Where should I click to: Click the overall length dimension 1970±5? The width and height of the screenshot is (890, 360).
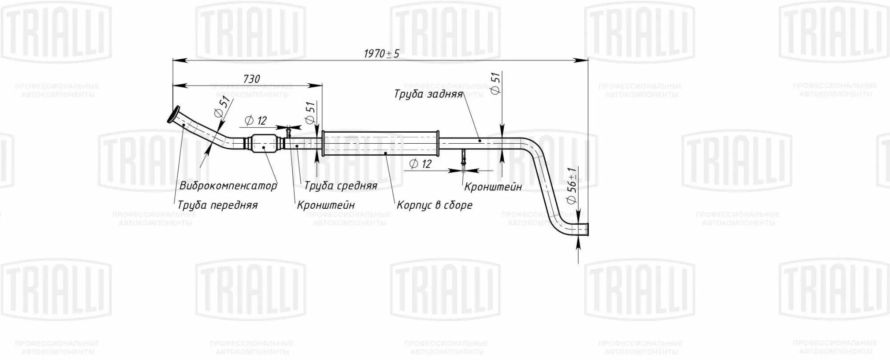coord(381,54)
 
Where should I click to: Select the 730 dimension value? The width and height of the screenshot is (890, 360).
coord(251,79)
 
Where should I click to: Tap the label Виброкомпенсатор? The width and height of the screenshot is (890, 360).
coord(228,186)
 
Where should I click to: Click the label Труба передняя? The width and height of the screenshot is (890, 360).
coord(218,205)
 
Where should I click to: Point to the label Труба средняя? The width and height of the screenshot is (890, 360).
coord(341,186)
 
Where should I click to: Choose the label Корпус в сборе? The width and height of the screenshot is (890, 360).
coord(434,205)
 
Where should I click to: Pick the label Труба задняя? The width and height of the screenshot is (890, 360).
coord(428,94)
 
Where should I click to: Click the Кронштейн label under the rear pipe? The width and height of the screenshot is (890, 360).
coord(493,187)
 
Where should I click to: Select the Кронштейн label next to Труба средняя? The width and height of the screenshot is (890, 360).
coord(326,205)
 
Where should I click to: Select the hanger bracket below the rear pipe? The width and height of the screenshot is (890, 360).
coord(464,158)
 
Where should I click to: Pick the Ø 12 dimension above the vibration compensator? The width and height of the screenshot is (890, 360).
coord(255,121)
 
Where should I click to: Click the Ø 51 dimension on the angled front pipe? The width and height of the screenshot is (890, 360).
coord(224,107)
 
